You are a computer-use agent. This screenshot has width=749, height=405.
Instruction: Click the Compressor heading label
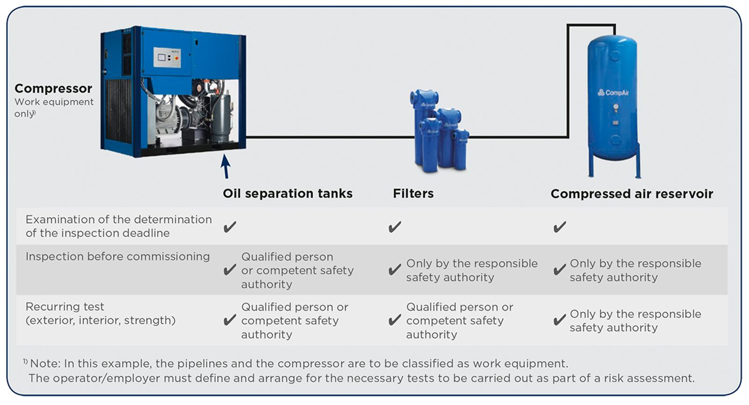(x=53, y=88)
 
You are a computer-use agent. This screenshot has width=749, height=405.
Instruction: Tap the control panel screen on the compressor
(x=162, y=58)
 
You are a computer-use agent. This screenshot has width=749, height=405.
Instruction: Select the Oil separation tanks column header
(x=287, y=194)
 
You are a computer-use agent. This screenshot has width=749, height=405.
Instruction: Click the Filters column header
(x=413, y=194)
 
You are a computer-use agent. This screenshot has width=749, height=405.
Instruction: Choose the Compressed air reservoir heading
(x=631, y=194)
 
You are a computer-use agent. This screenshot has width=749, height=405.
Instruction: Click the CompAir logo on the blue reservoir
(x=613, y=93)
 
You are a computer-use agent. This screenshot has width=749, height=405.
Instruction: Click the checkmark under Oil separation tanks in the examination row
(x=230, y=227)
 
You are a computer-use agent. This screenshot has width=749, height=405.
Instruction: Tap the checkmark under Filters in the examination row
(x=395, y=227)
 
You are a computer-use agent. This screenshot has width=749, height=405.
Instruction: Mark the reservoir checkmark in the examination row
(x=559, y=227)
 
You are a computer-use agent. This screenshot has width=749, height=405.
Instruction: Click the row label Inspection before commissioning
(x=117, y=257)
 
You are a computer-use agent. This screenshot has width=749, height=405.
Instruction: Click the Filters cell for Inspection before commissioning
(x=471, y=270)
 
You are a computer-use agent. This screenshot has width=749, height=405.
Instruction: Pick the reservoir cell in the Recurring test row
(x=635, y=321)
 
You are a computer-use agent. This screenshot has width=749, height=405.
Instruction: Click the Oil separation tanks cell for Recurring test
(x=294, y=321)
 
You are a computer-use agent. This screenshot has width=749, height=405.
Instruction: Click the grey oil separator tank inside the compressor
(x=220, y=119)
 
